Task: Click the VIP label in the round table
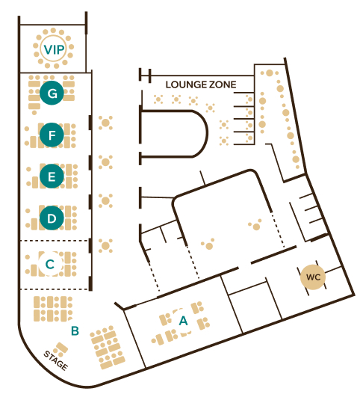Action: point(54,49)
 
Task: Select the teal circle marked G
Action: point(52,93)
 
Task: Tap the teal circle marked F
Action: point(52,135)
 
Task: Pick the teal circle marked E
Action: point(52,176)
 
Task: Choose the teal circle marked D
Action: point(52,218)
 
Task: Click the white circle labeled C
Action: point(50,264)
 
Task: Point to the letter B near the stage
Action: point(75,330)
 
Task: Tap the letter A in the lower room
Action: point(183,321)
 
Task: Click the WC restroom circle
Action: point(313,277)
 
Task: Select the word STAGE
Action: point(56,360)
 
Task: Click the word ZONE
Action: point(223,84)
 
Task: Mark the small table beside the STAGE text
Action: point(61,349)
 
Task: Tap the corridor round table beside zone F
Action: point(105,123)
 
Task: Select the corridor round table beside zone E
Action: point(105,162)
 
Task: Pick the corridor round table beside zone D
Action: point(105,201)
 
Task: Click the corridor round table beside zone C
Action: point(105,246)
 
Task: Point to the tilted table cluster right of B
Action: point(108,347)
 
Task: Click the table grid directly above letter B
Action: point(53,309)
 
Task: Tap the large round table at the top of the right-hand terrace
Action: point(270,73)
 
